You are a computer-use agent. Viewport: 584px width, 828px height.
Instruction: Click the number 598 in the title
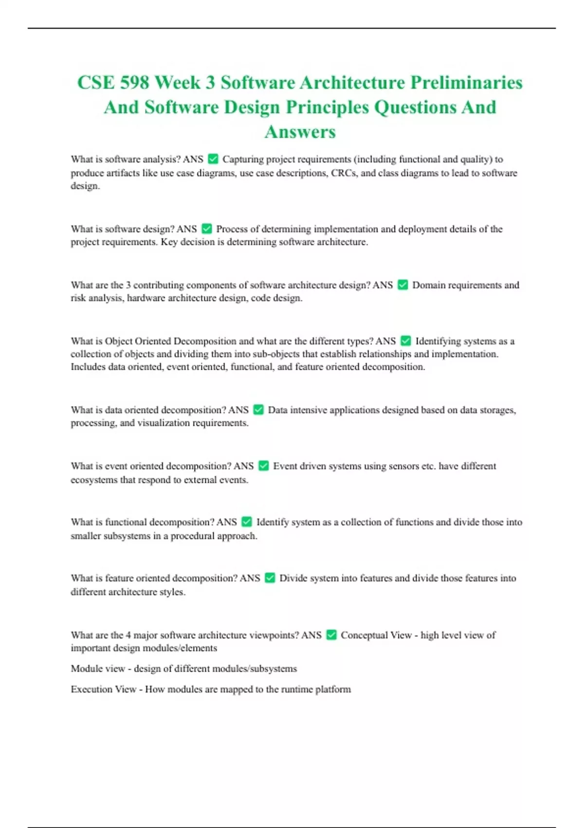point(134,82)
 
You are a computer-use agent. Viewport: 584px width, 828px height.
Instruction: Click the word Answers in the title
point(300,132)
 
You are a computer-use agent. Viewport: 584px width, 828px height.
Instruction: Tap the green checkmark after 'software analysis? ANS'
point(213,159)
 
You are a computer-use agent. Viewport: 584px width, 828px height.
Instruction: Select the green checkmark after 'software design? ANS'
point(207,228)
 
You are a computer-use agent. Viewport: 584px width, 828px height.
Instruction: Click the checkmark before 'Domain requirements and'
point(402,285)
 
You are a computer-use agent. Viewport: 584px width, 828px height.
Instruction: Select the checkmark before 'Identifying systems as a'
point(405,341)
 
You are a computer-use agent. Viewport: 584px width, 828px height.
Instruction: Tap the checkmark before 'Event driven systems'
point(263,466)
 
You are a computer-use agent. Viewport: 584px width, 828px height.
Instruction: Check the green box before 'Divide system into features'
point(270,578)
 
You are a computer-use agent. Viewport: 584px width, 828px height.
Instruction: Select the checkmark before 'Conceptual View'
point(331,635)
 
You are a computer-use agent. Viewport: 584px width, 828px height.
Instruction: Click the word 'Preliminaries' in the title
point(466,82)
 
